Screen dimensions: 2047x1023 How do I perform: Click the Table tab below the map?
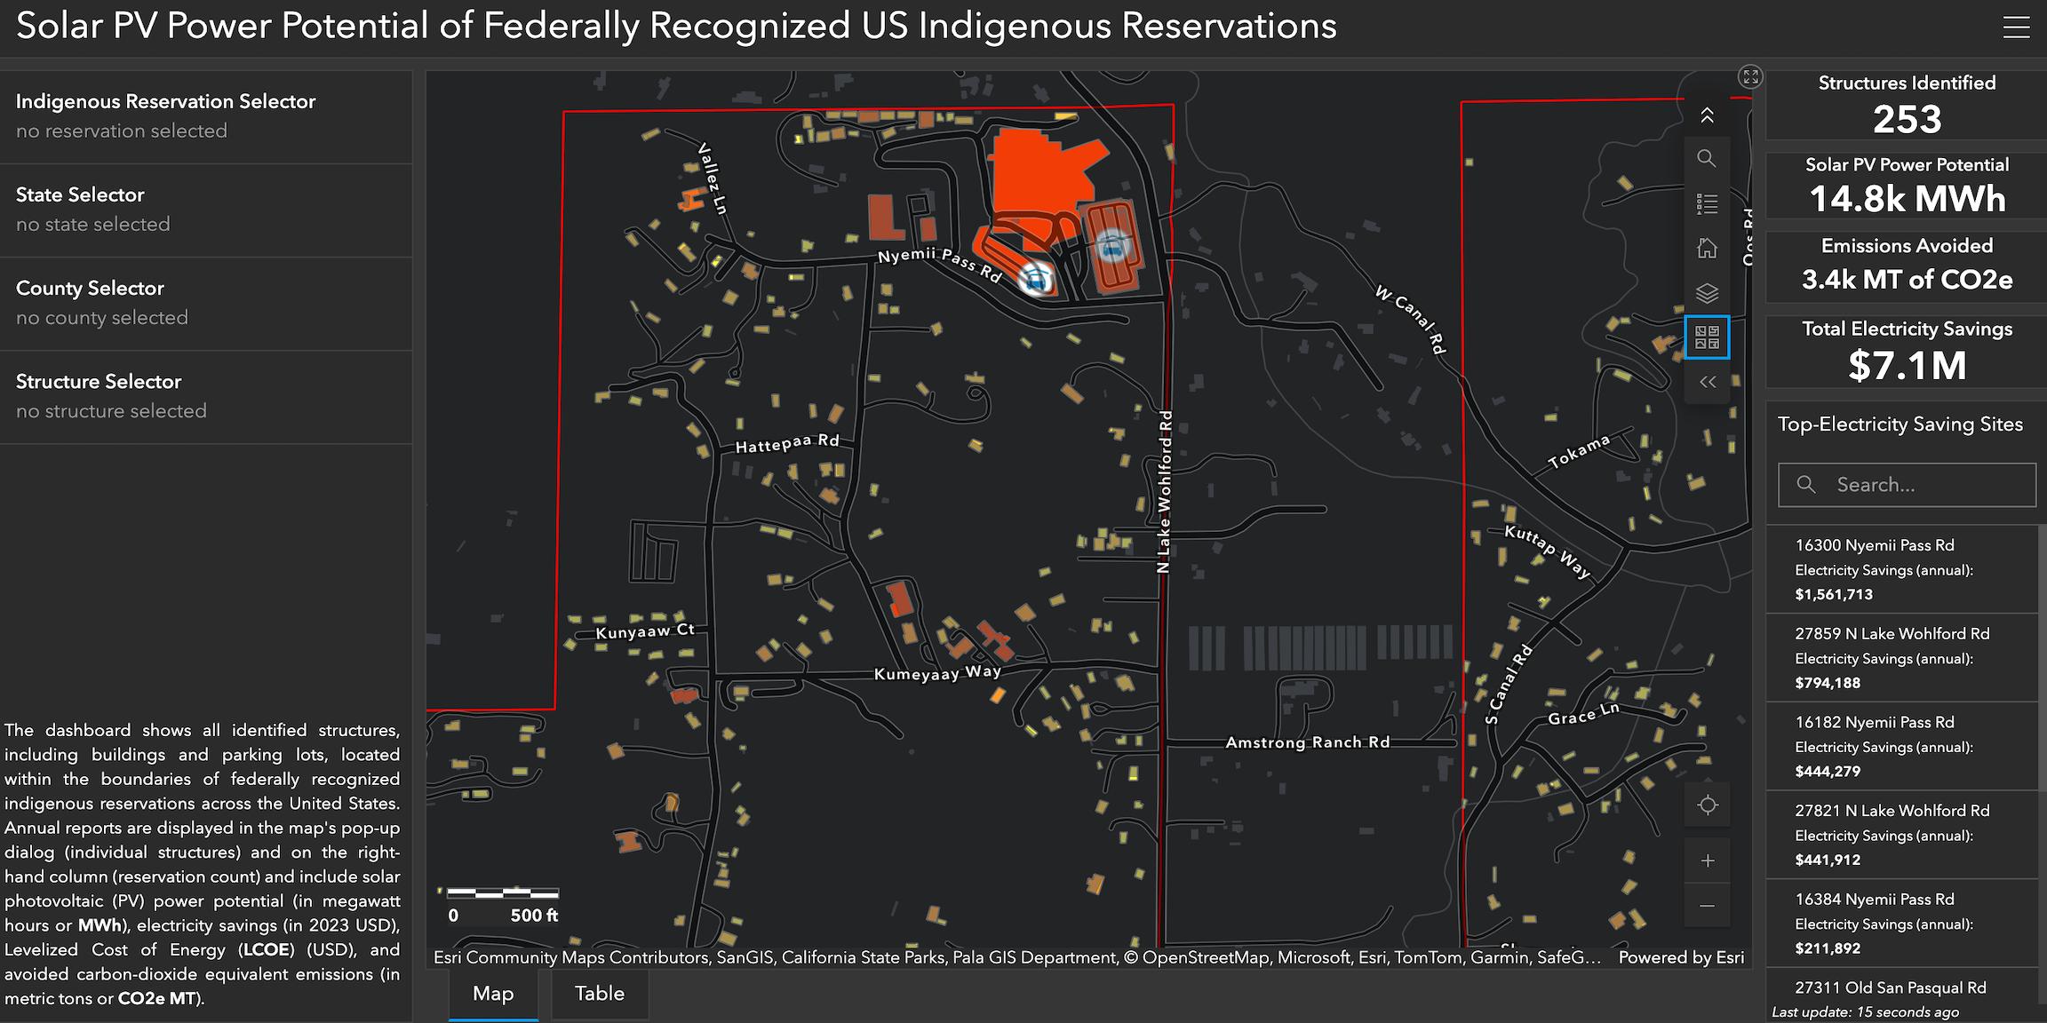(x=600, y=994)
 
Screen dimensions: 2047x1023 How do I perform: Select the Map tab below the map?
(x=493, y=994)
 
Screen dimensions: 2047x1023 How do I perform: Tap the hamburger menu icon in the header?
(x=2016, y=27)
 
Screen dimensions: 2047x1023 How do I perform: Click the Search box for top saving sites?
(x=1907, y=485)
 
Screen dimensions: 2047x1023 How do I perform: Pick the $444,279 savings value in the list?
(x=1828, y=772)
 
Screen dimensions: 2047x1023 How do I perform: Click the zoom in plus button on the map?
(x=1708, y=860)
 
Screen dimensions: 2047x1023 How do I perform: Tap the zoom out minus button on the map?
(x=1708, y=906)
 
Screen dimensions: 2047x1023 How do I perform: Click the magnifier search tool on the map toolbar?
(x=1707, y=159)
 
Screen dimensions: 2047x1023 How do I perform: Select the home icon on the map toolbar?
(x=1707, y=249)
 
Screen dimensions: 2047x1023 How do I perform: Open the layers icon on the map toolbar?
(x=1707, y=293)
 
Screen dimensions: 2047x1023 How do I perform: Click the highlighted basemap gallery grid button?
(x=1707, y=337)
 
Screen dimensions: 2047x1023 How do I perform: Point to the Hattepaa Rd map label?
(x=787, y=443)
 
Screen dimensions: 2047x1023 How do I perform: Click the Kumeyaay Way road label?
(x=937, y=673)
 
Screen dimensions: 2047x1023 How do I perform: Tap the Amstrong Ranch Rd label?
(x=1308, y=742)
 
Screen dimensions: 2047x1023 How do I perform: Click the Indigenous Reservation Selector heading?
(x=165, y=101)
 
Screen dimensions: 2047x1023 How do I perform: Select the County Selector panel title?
(x=90, y=288)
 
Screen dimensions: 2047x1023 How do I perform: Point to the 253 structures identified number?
(x=1907, y=119)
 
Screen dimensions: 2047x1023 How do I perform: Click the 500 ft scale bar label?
(x=534, y=916)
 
